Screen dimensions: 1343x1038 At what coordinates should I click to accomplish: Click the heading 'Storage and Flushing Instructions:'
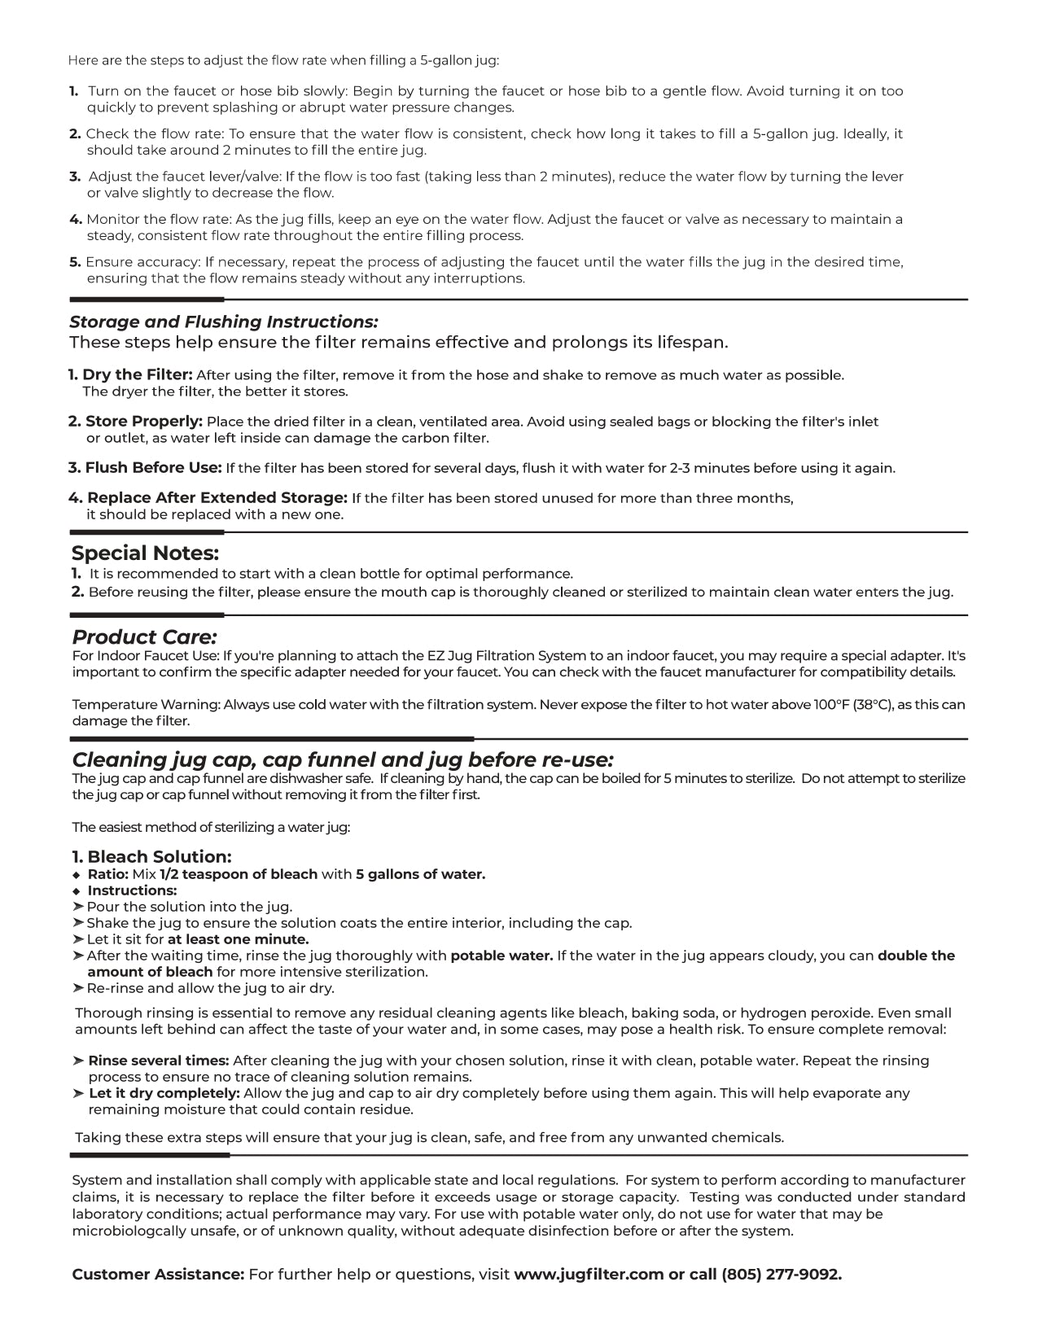224,322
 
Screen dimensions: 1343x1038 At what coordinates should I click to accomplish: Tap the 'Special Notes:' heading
146,553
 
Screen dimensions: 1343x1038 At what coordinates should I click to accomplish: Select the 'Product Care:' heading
144,637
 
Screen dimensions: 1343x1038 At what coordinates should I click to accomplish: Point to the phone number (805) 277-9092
782,1275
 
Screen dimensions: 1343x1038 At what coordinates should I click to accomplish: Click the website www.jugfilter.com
589,1275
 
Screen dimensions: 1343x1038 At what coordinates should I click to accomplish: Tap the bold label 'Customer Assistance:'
158,1275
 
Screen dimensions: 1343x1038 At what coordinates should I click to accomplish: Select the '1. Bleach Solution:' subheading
152,857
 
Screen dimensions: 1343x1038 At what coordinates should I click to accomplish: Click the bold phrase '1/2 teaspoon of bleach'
239,875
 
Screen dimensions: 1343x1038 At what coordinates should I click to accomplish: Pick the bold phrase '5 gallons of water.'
420,875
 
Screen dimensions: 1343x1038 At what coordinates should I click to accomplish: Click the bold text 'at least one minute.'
239,939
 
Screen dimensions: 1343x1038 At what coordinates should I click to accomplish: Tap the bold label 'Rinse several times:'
159,1061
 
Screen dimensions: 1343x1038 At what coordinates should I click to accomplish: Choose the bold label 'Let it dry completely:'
164,1093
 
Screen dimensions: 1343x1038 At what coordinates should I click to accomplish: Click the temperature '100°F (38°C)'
863,705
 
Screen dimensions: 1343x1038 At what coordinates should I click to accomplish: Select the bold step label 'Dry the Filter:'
138,375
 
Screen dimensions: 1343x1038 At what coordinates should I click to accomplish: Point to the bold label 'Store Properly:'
144,422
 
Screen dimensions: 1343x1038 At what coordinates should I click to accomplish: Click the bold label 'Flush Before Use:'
153,468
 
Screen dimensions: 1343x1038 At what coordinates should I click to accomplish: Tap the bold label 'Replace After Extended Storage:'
217,498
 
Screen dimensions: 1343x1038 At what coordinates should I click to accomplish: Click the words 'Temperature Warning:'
146,705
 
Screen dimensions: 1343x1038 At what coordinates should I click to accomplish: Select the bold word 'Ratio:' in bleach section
108,875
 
